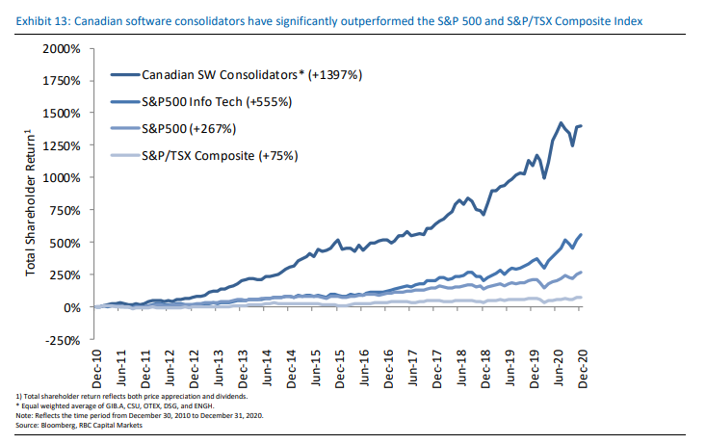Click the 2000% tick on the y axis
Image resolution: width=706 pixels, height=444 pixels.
tap(62, 48)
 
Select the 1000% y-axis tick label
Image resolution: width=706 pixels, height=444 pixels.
tap(62, 177)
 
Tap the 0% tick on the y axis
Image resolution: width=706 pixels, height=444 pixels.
tap(72, 307)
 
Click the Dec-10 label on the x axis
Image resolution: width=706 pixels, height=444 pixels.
tap(96, 365)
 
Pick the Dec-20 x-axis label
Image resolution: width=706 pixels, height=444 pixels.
tap(582, 365)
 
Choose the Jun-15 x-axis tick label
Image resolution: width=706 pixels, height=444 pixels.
tap(315, 365)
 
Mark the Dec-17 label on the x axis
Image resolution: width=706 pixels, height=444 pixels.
tap(436, 365)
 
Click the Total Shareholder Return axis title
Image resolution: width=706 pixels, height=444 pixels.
tap(31, 201)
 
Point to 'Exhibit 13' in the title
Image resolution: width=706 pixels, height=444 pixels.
tap(39, 20)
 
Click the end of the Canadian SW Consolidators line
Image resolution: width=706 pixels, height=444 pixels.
tap(582, 126)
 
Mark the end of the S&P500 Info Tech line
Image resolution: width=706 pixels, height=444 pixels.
tap(582, 235)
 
